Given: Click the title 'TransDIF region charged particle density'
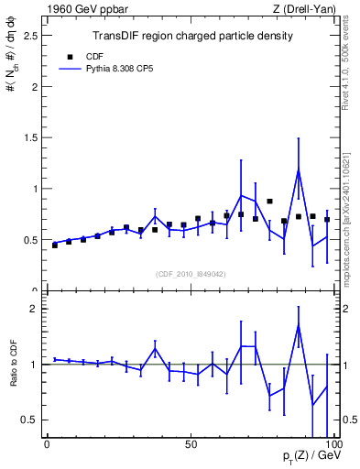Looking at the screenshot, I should tap(192, 37).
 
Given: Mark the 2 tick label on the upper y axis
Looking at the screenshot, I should tap(34, 87).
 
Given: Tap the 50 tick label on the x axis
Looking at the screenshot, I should tap(190, 444).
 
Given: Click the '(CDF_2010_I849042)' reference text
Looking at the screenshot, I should tap(190, 272).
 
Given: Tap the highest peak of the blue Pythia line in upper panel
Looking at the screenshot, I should tap(299, 169).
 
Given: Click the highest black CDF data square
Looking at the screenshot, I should tap(269, 201).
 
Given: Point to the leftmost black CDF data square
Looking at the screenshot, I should tap(55, 245).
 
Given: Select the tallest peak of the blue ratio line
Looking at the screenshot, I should tap(299, 325).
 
